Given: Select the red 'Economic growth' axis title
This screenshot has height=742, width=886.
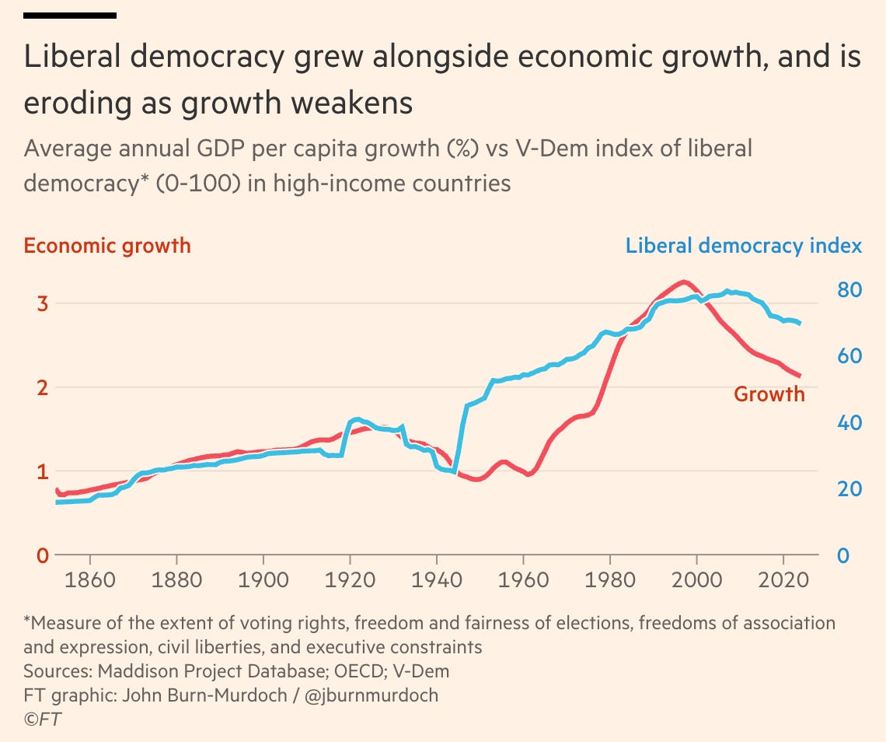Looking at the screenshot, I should coord(107,246).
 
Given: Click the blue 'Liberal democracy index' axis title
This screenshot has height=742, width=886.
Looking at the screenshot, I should coord(744,246).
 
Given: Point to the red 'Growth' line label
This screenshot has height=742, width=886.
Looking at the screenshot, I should coord(769,394).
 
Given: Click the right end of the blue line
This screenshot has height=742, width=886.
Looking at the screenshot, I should coord(800,323).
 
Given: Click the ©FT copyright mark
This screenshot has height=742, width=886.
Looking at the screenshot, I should coord(42,719).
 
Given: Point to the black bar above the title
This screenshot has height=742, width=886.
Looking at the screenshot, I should coord(70,15).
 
